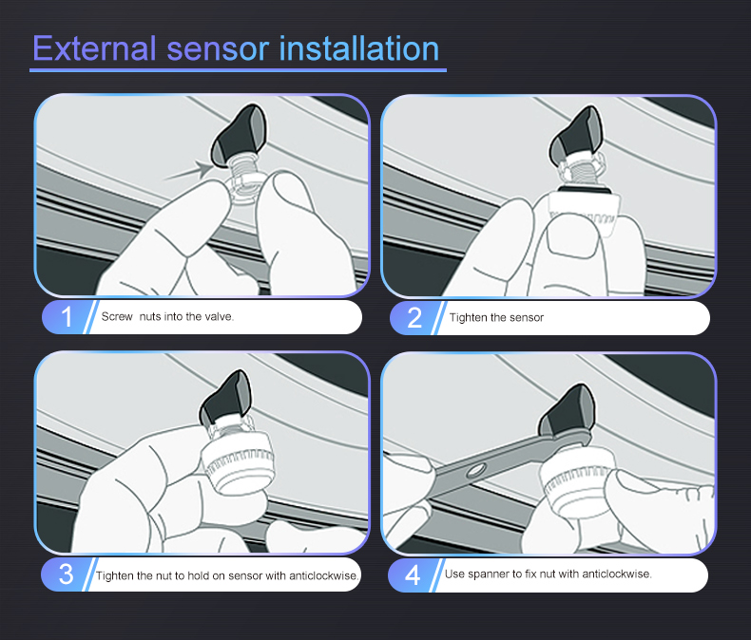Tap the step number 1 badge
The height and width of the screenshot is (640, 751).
pos(66,317)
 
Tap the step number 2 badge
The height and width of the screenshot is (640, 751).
pos(414,317)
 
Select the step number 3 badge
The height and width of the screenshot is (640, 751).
pos(66,574)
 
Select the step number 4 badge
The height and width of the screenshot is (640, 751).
pos(414,574)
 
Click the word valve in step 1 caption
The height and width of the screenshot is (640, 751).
pos(217,317)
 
